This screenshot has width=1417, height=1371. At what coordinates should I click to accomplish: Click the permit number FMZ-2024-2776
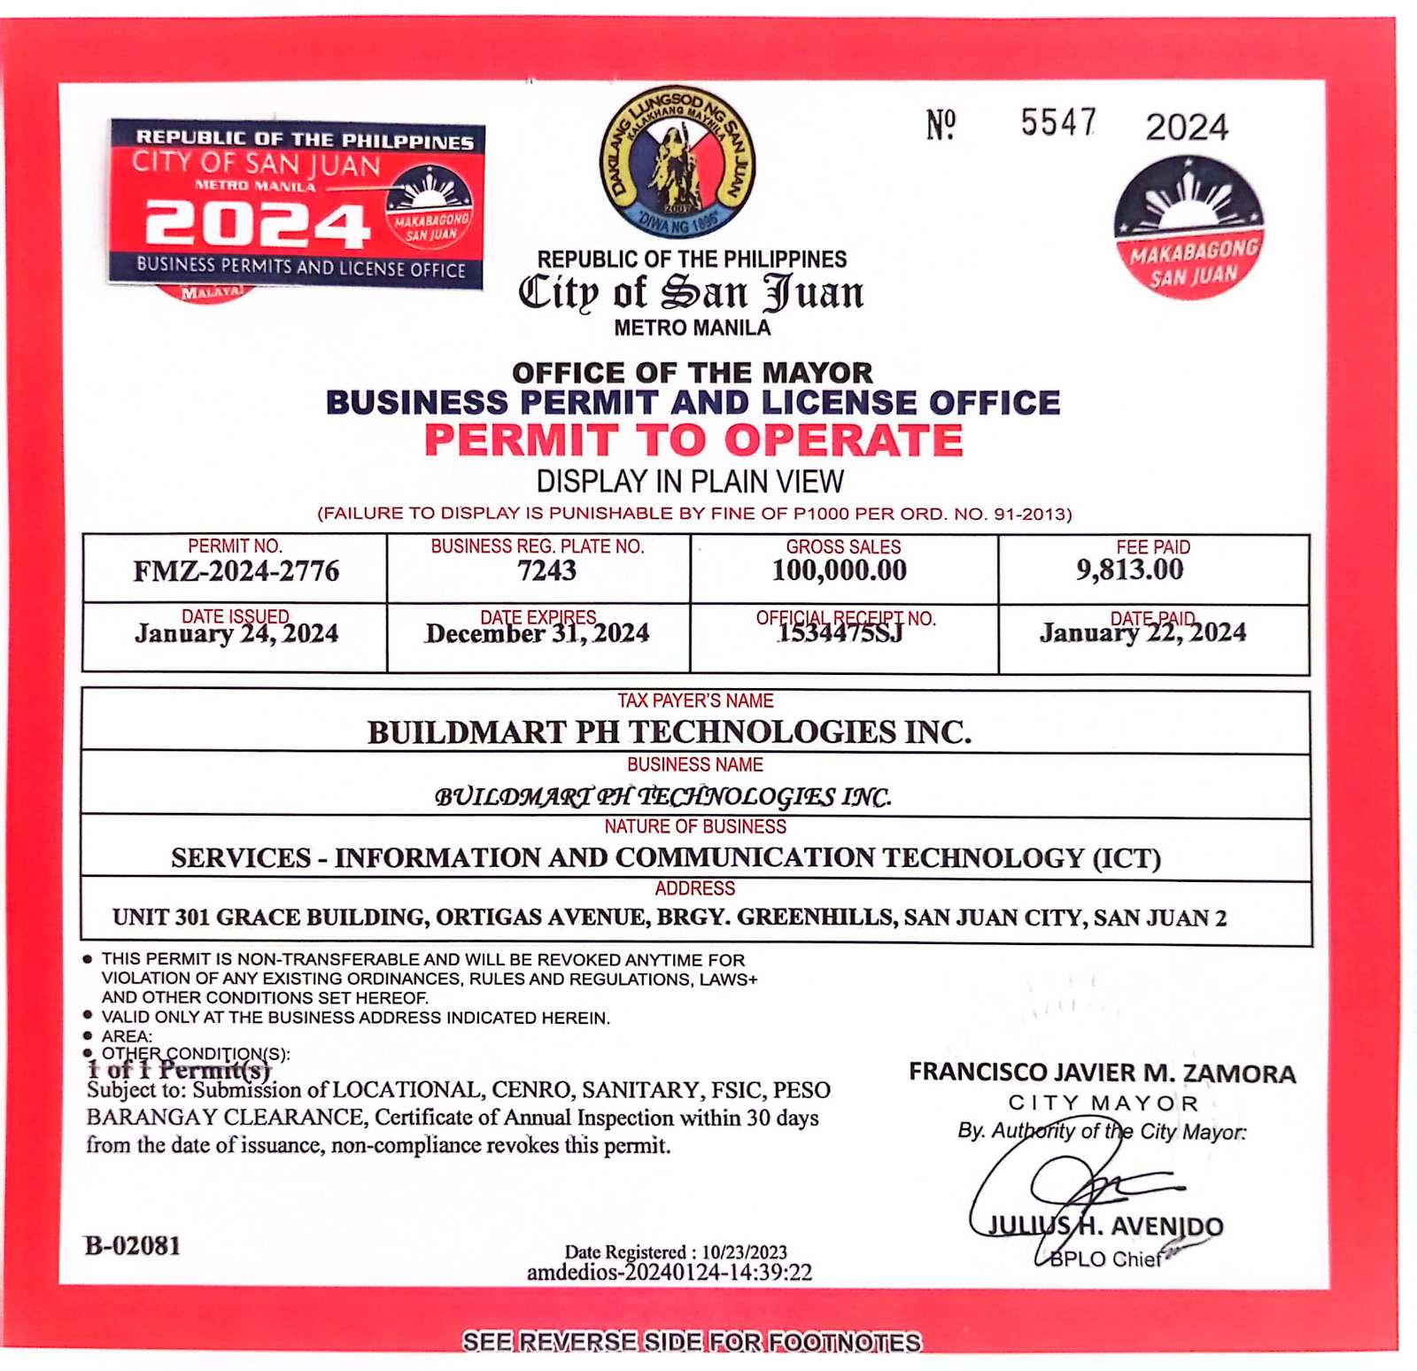point(236,571)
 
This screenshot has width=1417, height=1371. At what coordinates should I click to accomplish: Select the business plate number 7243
point(546,571)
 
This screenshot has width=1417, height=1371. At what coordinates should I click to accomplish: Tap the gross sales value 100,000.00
point(839,570)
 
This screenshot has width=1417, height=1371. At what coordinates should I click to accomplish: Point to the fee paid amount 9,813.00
point(1129,569)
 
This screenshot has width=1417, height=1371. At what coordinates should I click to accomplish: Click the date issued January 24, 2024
point(236,634)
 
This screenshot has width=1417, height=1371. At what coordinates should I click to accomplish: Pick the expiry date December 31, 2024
point(537,634)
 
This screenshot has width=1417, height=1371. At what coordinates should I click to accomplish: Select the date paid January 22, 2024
point(1142,633)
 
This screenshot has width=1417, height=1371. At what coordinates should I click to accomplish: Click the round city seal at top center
point(678,162)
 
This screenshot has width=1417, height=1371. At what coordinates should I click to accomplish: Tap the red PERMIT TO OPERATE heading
point(693,440)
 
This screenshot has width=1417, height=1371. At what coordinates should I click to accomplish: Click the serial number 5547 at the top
point(1058,123)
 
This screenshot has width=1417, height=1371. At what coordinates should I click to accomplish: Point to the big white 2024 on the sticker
point(257,224)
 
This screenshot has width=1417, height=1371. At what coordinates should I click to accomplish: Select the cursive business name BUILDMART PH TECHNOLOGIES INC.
point(662,796)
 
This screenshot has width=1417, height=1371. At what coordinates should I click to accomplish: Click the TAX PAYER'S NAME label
point(695,701)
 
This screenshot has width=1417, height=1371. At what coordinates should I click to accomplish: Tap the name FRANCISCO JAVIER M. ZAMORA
point(1102,1073)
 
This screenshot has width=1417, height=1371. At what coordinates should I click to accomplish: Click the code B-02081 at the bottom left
point(133,1246)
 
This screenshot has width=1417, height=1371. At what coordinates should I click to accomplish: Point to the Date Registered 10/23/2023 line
point(676,1251)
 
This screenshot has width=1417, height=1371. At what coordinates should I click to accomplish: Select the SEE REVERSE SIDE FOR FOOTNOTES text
point(692,1342)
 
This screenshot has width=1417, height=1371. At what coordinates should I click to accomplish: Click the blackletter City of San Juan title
point(691,293)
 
